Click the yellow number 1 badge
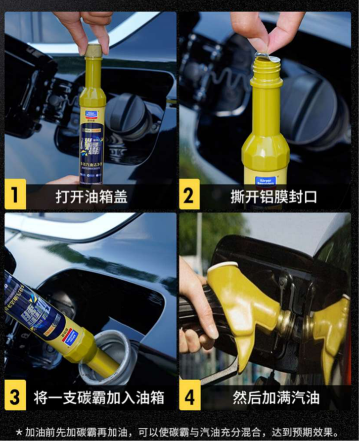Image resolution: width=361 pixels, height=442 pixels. (x=15, y=195)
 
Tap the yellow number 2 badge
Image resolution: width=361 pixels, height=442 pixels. (x=189, y=195)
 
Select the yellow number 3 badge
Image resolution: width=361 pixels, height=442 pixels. (x=15, y=397)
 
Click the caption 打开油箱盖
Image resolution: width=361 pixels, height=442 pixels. (x=91, y=196)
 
